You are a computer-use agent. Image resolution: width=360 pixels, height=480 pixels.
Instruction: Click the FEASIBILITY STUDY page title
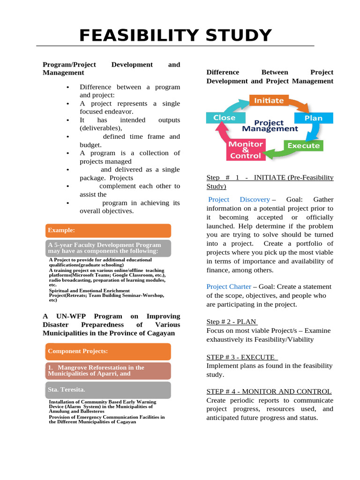pyautogui.click(x=175, y=36)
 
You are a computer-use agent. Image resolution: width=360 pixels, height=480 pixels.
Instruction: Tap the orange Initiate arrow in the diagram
pyautogui.click(x=269, y=100)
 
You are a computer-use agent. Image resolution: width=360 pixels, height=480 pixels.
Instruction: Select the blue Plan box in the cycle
pyautogui.click(x=314, y=118)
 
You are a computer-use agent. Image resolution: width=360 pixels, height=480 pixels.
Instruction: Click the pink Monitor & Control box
pyautogui.click(x=245, y=150)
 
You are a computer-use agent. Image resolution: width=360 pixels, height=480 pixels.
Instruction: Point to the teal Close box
pyautogui.click(x=225, y=118)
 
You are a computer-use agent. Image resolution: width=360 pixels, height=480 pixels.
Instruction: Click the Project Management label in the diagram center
pyautogui.click(x=270, y=126)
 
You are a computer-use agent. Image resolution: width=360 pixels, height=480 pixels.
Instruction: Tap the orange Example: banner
pyautogui.click(x=108, y=230)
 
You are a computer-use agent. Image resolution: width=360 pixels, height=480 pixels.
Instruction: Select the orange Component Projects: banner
pyautogui.click(x=108, y=351)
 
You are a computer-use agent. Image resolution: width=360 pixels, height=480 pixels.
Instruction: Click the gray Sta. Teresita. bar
pyautogui.click(x=108, y=390)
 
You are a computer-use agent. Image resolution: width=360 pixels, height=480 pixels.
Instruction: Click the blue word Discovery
pyautogui.click(x=255, y=200)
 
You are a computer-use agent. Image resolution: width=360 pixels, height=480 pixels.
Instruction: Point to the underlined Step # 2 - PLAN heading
pyautogui.click(x=232, y=322)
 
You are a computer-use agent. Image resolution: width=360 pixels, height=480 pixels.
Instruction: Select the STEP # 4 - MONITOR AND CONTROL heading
pyautogui.click(x=269, y=391)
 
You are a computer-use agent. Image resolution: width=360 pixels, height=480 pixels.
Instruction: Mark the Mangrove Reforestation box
pyautogui.click(x=108, y=371)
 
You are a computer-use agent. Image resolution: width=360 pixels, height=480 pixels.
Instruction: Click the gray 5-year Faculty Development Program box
pyautogui.click(x=108, y=248)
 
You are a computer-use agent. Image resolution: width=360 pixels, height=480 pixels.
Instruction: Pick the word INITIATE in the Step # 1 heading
pyautogui.click(x=270, y=177)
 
